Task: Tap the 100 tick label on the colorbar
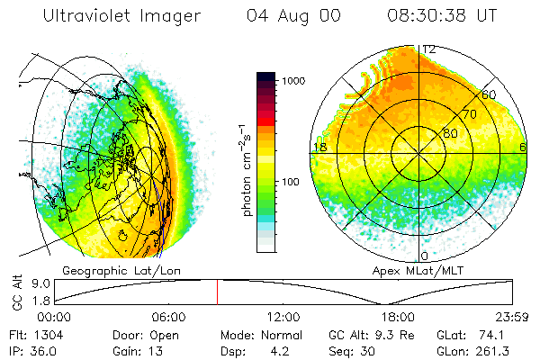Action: tap(290, 183)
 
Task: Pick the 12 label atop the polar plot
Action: tap(429, 49)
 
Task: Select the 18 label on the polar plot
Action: tap(319, 147)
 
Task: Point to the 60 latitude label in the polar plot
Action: tap(489, 94)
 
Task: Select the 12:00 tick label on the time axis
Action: tap(283, 318)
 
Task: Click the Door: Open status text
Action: tap(140, 335)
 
